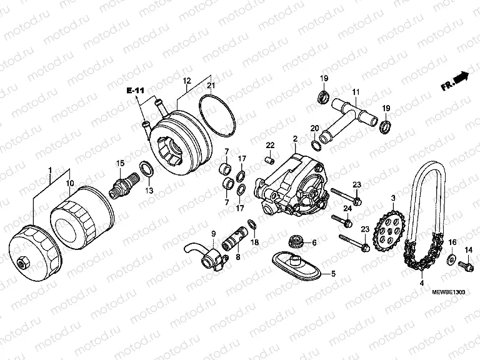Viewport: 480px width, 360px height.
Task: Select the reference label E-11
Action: [x=134, y=91]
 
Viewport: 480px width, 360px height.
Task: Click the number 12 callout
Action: [x=186, y=81]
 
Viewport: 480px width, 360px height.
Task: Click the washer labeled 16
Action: [x=451, y=257]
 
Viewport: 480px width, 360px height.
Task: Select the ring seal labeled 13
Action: [x=146, y=169]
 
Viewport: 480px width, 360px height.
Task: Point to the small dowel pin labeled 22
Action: [x=269, y=160]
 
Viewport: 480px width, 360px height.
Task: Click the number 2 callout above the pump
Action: [x=294, y=137]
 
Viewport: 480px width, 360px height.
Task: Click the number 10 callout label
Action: [x=70, y=184]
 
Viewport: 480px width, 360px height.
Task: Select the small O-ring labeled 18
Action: [x=252, y=224]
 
